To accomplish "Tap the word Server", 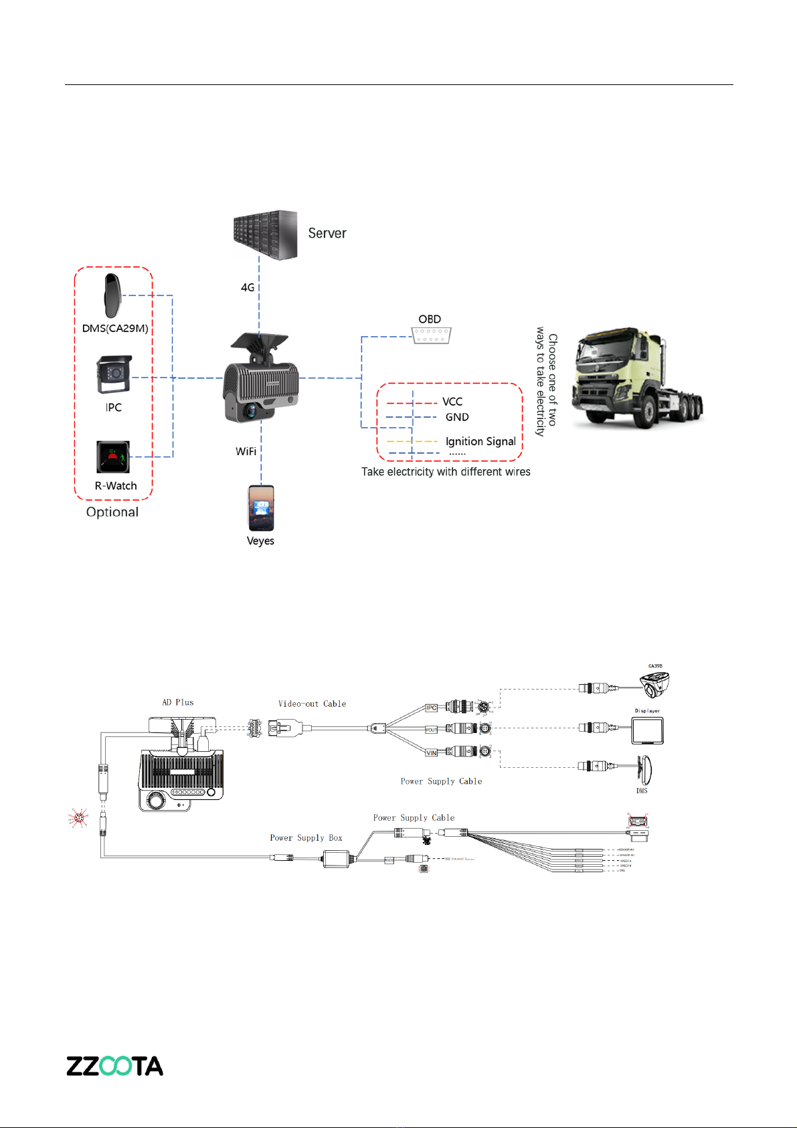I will coord(327,234).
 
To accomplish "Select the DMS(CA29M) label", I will coord(115,328).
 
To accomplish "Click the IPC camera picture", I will coord(113,375).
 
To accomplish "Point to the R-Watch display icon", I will coord(112,457).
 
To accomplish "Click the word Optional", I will coord(112,512).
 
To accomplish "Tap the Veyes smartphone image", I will coord(260,507).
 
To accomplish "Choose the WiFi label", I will coord(246,451).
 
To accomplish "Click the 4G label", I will coord(248,287).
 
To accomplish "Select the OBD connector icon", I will coord(430,335).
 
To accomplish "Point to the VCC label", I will coord(452,402).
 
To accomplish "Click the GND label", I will coord(457,417).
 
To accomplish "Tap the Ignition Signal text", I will coord(480,441).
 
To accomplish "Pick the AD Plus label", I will coord(178,702).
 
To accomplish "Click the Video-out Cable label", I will coord(312,704).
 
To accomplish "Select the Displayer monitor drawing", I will coord(648,730).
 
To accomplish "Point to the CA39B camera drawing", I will coord(654,685).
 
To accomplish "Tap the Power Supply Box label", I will coord(306,837).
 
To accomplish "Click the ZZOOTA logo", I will coord(114,1066).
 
